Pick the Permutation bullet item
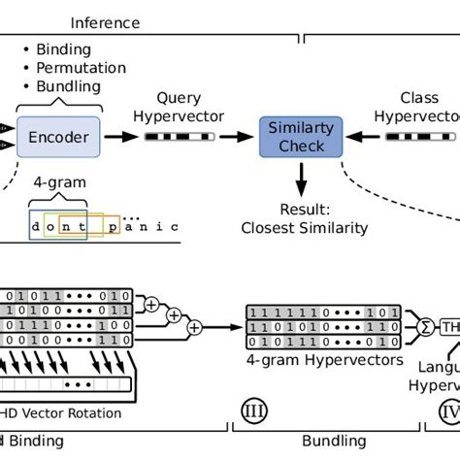pyautogui.click(x=81, y=68)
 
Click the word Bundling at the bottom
pyautogui.click(x=335, y=441)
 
